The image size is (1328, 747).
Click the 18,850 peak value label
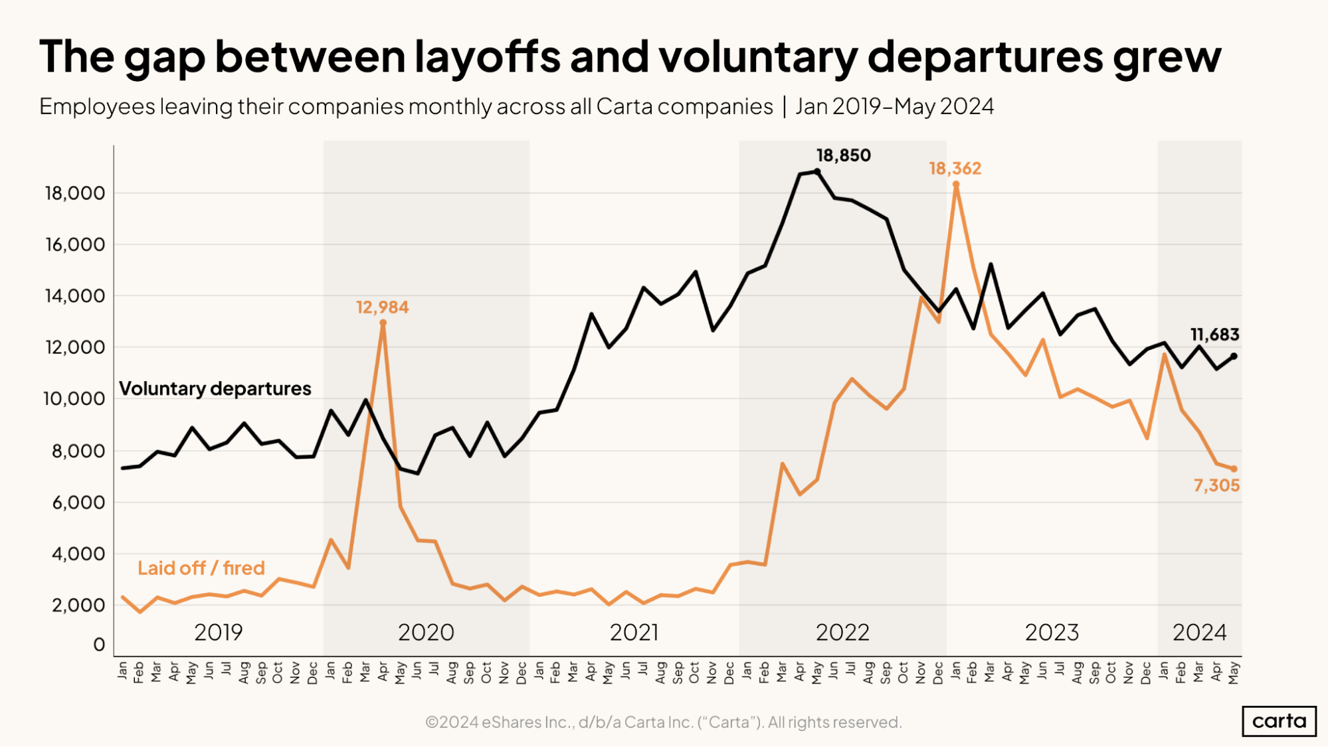pyautogui.click(x=843, y=155)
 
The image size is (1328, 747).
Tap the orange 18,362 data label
pyautogui.click(x=955, y=169)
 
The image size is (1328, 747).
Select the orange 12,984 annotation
pyautogui.click(x=382, y=307)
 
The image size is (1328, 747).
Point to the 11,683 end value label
pyautogui.click(x=1214, y=335)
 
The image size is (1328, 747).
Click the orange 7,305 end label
pyautogui.click(x=1216, y=485)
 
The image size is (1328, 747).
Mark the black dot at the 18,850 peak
pyautogui.click(x=817, y=171)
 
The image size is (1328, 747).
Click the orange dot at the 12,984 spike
pyautogui.click(x=383, y=323)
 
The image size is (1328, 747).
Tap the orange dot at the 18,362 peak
pyautogui.click(x=955, y=185)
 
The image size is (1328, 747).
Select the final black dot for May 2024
pyautogui.click(x=1234, y=356)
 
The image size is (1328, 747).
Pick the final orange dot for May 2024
pyautogui.click(x=1234, y=469)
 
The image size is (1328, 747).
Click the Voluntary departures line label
pyautogui.click(x=215, y=388)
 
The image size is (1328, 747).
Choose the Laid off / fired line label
pyautogui.click(x=201, y=568)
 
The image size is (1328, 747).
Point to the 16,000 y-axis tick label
pyautogui.click(x=74, y=245)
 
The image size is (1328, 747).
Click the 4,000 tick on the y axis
pyautogui.click(x=78, y=554)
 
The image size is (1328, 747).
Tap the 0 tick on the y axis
pyautogui.click(x=99, y=645)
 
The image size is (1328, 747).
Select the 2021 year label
pyautogui.click(x=634, y=632)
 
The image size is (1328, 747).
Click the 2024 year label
pyautogui.click(x=1199, y=632)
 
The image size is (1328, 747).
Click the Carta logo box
pyautogui.click(x=1279, y=721)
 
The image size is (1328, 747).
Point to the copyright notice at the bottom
pyautogui.click(x=663, y=722)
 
